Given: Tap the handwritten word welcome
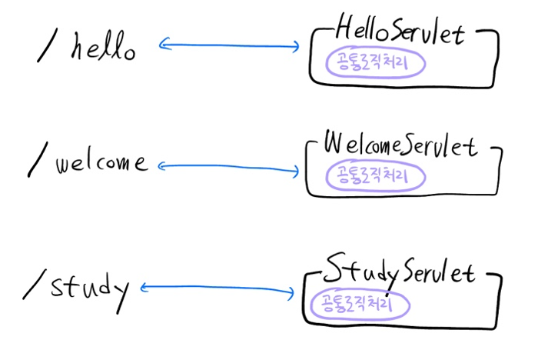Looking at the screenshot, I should tap(100, 163).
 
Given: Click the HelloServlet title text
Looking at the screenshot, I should tap(403, 33).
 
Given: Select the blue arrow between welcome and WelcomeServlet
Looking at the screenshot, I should tap(228, 167).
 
